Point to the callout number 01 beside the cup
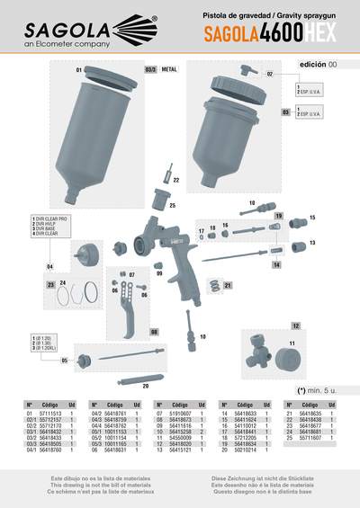coord(79,69)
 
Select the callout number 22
coord(175,181)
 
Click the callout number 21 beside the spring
coord(229,286)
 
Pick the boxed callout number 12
coord(294,325)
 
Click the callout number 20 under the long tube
coord(145,384)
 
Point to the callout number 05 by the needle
coord(65,361)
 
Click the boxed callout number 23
coord(50,284)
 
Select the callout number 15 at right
coord(312,218)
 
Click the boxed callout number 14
coord(276,266)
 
